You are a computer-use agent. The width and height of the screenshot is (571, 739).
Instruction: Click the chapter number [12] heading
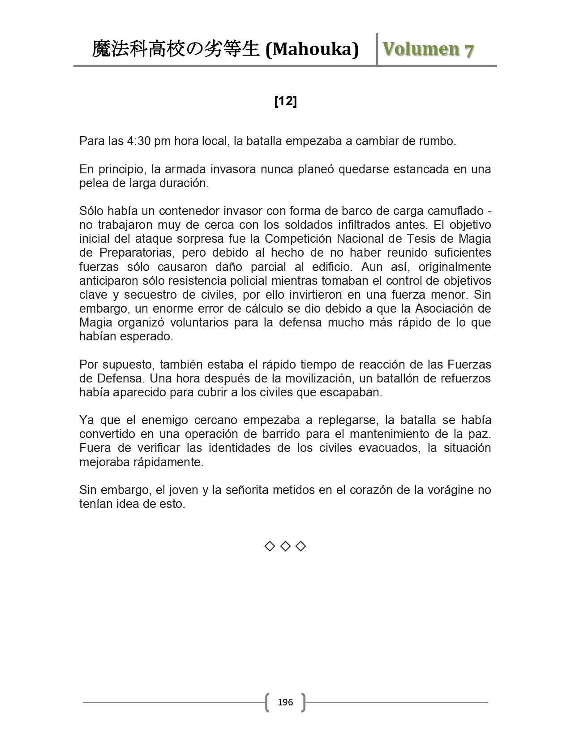click(285, 102)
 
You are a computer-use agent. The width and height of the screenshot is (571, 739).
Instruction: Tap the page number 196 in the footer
click(285, 702)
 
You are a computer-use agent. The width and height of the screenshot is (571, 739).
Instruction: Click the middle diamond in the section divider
click(285, 546)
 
